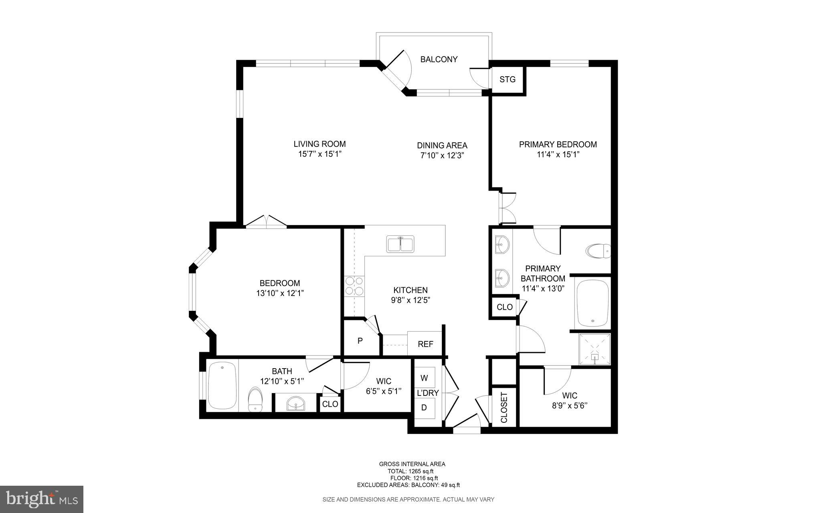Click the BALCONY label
point(439,59)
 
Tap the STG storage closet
point(507,79)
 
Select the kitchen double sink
point(400,244)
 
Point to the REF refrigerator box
point(425,344)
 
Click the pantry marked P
point(360,341)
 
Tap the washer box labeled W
point(424,378)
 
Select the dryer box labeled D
point(424,408)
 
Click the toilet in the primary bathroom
point(598,251)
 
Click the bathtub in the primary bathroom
point(592,303)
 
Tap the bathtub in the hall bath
point(222,385)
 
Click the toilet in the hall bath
point(255,399)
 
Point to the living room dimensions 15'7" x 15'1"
point(320,154)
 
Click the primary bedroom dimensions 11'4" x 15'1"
point(558,154)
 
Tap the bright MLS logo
point(42,499)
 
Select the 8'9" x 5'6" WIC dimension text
point(570,406)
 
